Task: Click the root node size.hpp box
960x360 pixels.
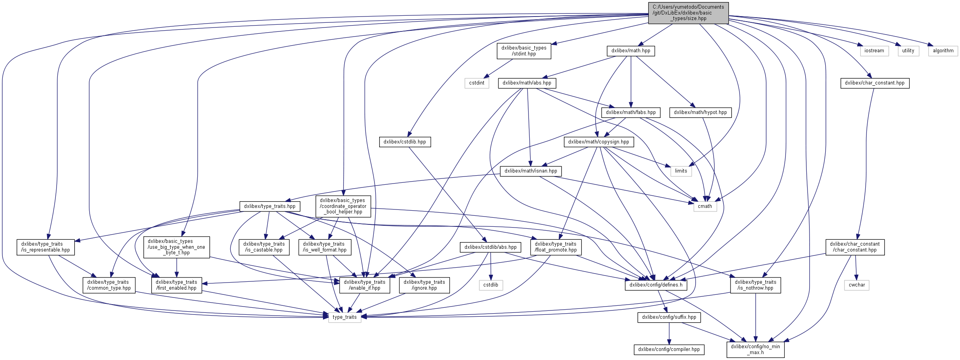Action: click(x=688, y=13)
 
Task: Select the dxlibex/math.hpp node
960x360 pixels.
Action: click(x=631, y=51)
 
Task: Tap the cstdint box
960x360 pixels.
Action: click(x=477, y=83)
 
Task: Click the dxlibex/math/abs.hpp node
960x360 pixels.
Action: click(x=527, y=83)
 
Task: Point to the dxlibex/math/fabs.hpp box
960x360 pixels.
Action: click(x=631, y=112)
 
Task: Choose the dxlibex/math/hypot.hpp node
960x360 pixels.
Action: click(x=700, y=112)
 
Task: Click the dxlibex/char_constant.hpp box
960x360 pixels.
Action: click(x=875, y=83)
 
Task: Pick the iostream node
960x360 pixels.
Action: click(x=874, y=51)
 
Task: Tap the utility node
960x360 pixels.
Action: click(x=908, y=51)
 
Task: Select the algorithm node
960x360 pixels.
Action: click(x=943, y=51)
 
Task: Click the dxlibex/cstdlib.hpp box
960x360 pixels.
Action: click(x=405, y=142)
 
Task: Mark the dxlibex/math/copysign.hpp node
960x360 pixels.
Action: click(x=598, y=142)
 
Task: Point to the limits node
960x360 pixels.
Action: click(x=681, y=171)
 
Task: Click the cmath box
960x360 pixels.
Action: click(x=705, y=206)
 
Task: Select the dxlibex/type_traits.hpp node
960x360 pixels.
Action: click(x=270, y=206)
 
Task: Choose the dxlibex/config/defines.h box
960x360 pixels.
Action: click(x=656, y=285)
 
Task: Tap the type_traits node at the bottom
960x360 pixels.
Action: click(x=345, y=317)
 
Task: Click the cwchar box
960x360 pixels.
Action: click(x=857, y=285)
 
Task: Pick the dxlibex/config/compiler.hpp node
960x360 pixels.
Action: click(x=669, y=349)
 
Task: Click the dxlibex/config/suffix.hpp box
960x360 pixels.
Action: click(x=669, y=317)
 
